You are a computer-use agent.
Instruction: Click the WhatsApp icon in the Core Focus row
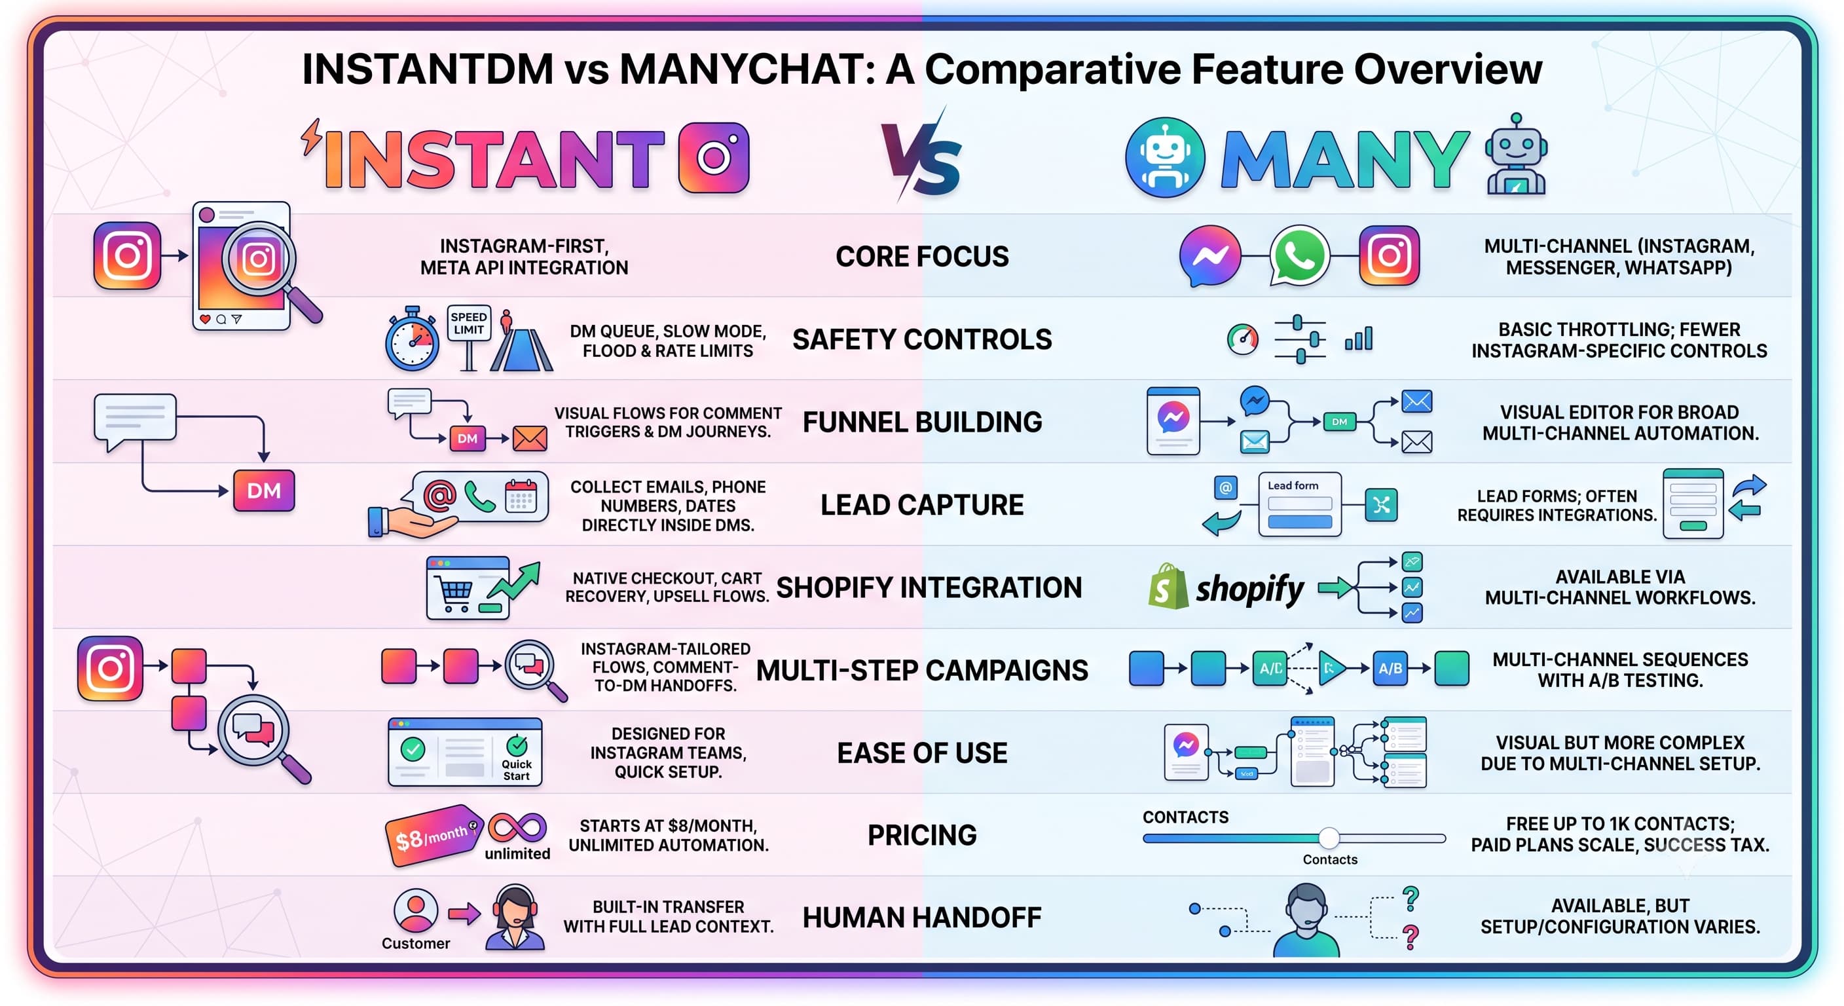[1299, 256]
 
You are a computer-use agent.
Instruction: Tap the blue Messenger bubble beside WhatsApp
[1209, 256]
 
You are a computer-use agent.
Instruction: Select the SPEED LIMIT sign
[469, 323]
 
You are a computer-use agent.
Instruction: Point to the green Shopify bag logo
[1168, 586]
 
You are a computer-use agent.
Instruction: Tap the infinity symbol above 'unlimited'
[517, 828]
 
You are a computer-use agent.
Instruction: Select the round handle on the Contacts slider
[1329, 837]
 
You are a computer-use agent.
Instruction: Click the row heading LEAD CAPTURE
[922, 505]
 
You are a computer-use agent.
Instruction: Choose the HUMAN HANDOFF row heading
[922, 917]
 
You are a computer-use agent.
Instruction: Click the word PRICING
[922, 835]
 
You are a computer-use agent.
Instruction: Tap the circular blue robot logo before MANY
[1166, 158]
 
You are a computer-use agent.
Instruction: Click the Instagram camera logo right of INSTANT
[714, 158]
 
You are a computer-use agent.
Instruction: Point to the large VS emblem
[921, 156]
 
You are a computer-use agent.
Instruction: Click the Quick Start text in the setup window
[516, 770]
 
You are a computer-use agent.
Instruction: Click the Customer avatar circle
[416, 911]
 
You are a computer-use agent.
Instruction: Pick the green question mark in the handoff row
[1411, 899]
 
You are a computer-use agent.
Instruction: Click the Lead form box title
[1293, 485]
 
